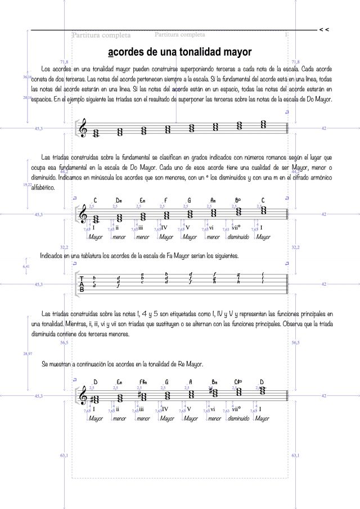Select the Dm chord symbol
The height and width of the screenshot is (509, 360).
pos(119,200)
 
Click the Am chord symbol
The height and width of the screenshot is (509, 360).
pos(213,200)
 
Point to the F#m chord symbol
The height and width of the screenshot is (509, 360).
pos(143,382)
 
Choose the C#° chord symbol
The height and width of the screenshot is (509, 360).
pos(238,382)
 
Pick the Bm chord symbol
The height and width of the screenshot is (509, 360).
pos(214,382)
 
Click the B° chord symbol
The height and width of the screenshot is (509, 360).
pos(238,200)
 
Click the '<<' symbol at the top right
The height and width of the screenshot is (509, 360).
pos(324,29)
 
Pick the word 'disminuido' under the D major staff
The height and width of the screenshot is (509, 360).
pos(238,418)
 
